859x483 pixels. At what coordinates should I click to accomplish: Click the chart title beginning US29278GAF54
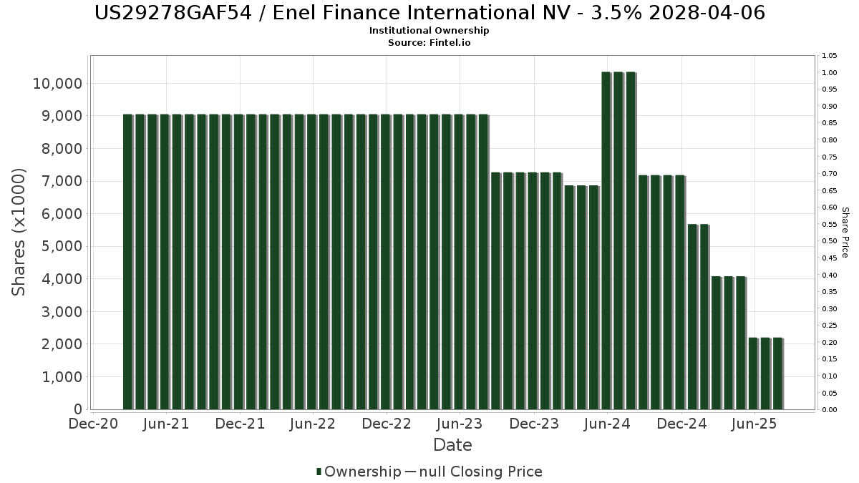tap(429, 13)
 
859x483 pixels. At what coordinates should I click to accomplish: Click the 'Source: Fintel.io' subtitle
tap(429, 42)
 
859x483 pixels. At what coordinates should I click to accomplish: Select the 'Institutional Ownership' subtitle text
tap(429, 31)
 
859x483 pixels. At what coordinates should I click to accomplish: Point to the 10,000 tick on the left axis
tap(57, 84)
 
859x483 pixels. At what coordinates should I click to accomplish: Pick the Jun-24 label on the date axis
tap(607, 424)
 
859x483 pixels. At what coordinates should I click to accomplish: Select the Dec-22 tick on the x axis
tap(387, 424)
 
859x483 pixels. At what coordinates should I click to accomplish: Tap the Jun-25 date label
tap(754, 424)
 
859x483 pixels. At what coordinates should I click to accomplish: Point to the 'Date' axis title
tap(452, 445)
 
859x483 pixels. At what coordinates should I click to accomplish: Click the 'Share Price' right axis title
tap(845, 233)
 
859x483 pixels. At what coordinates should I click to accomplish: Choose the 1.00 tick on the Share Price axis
tap(830, 73)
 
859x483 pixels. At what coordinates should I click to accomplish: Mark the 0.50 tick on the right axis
tap(830, 241)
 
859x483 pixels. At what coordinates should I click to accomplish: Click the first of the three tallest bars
tap(606, 240)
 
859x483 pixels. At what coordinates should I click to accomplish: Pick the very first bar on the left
tap(128, 262)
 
